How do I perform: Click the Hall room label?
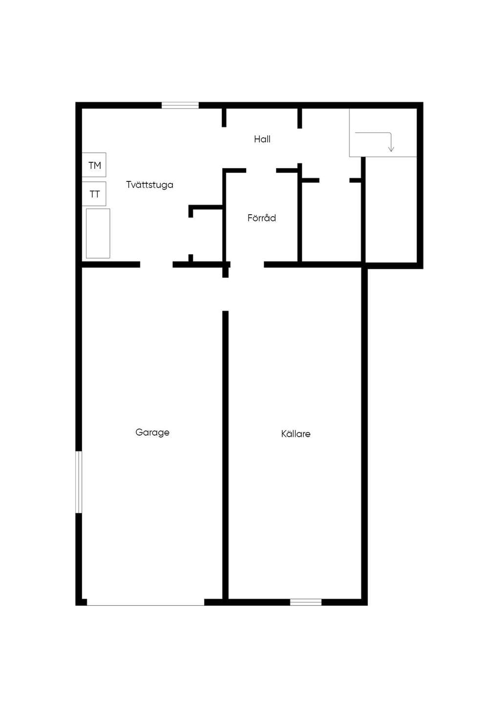tap(262, 139)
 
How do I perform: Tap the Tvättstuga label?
tap(149, 185)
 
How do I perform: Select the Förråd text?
tap(262, 218)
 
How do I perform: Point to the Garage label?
tap(152, 432)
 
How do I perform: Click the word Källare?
tap(296, 434)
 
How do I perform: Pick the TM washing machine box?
tap(94, 165)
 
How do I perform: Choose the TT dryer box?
tap(94, 194)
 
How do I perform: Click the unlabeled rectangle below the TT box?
tap(98, 233)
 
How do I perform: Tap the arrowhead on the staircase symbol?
tap(391, 149)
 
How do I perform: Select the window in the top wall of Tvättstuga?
tap(180, 105)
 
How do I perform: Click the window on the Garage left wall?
tap(79, 482)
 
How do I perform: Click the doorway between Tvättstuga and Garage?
tap(156, 265)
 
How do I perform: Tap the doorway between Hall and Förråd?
tap(261, 171)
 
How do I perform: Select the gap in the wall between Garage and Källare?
tap(226, 294)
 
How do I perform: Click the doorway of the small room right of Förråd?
tap(334, 180)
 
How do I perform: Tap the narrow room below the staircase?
tap(392, 210)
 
